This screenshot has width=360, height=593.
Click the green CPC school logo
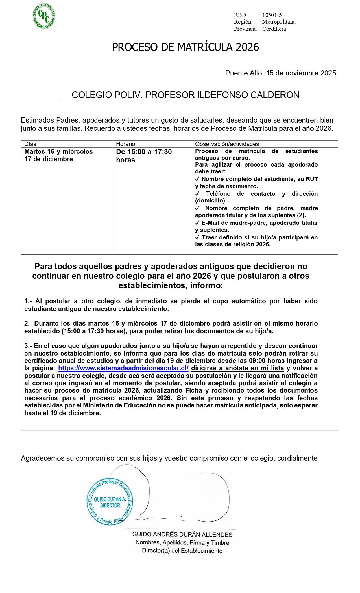click(44, 16)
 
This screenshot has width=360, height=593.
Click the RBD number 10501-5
click(272, 15)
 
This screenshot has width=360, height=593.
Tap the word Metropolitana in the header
click(279, 22)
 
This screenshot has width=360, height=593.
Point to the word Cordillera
click(274, 29)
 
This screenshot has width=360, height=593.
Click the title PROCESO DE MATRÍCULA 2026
click(185, 47)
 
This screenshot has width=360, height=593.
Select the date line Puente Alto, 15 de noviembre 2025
click(280, 73)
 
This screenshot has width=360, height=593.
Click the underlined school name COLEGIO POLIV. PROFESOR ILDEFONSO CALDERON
click(185, 95)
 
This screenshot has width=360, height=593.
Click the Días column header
click(30, 144)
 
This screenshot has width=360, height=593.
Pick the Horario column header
click(126, 144)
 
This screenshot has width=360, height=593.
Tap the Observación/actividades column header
click(227, 144)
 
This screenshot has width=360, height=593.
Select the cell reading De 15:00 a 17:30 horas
click(144, 156)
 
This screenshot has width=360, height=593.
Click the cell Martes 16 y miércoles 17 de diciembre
click(58, 155)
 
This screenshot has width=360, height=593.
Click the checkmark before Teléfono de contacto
click(197, 194)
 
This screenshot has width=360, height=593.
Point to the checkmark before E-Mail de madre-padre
click(197, 223)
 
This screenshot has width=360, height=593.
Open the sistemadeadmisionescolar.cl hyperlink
click(123, 368)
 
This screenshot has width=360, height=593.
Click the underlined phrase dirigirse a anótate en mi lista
click(237, 368)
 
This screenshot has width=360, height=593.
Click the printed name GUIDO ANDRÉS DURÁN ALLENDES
click(182, 534)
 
